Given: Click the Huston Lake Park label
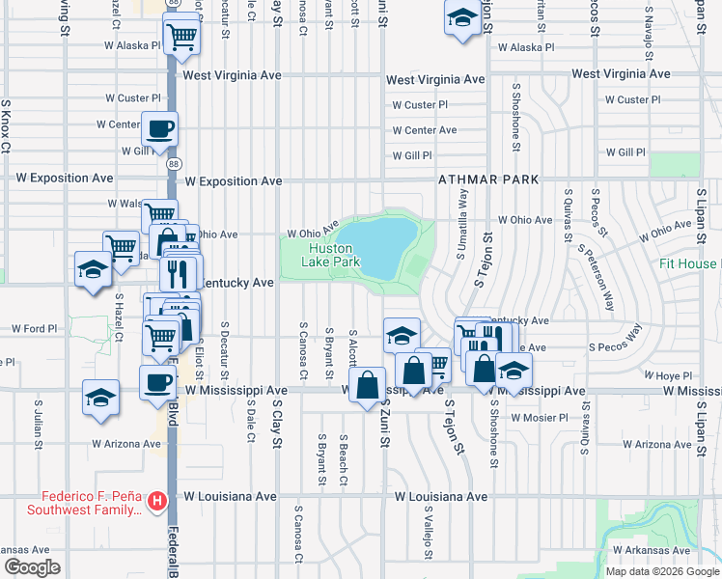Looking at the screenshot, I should (x=330, y=255).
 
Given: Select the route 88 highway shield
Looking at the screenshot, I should (x=173, y=165).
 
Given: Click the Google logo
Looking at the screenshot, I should (x=31, y=567).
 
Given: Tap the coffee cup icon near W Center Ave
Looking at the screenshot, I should (x=159, y=127).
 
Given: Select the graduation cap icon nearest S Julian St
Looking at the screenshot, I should (x=101, y=398).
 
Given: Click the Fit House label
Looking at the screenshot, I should (x=689, y=263).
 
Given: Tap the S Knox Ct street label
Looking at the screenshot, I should (x=6, y=125).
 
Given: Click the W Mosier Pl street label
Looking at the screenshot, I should (x=539, y=418).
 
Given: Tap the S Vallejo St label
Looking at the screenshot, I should (x=427, y=530).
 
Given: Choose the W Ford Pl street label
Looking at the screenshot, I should (x=36, y=329).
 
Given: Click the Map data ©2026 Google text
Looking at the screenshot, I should (x=661, y=571).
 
